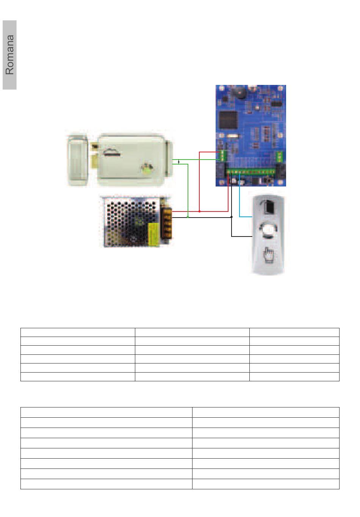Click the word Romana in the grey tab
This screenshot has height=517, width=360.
10,55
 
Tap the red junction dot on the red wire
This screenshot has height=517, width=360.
199,211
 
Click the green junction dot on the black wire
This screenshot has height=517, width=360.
188,217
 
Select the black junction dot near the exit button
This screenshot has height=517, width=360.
232,217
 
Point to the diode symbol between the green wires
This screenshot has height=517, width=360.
179,162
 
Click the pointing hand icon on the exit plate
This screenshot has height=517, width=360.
268,255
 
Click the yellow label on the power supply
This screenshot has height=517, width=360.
153,234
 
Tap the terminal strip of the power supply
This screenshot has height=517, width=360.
167,223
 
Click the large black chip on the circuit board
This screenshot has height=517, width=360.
228,120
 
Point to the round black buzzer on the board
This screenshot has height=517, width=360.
239,92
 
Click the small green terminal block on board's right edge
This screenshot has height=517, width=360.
280,156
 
